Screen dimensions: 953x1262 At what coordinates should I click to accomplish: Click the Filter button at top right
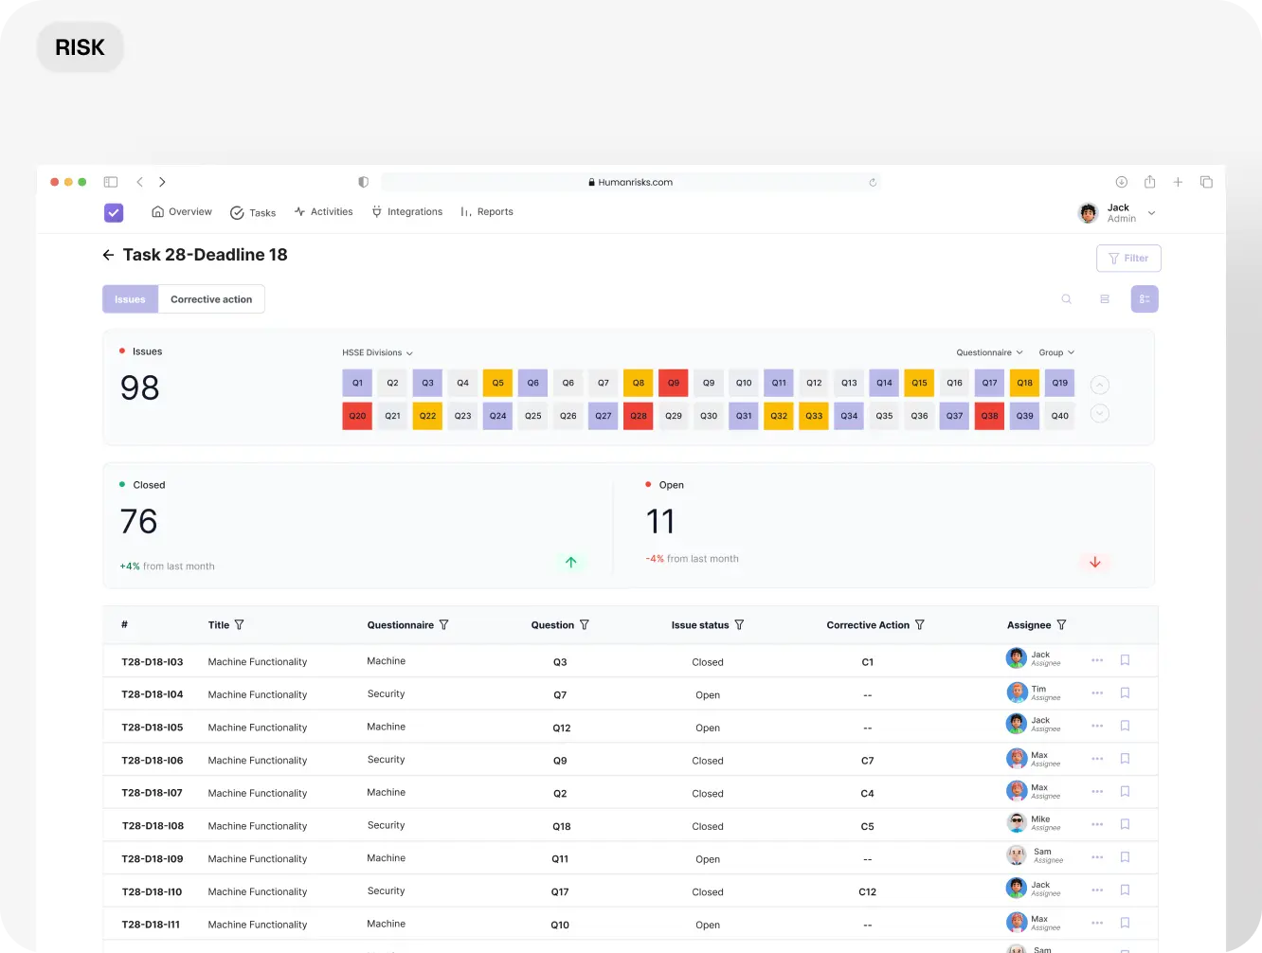1128,259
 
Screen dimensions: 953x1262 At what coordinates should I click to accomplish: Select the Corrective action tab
211,299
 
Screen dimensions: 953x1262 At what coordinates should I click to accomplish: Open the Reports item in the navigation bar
487,212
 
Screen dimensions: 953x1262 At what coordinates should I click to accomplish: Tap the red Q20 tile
357,416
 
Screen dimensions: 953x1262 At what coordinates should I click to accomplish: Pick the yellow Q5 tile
497,383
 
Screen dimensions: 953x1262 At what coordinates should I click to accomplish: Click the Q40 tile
1059,416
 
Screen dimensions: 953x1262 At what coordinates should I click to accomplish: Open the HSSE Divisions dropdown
377,352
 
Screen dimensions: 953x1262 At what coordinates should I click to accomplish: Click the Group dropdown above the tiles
1056,352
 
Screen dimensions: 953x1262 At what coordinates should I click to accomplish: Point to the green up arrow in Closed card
570,562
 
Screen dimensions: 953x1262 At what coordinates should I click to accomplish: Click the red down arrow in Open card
1095,562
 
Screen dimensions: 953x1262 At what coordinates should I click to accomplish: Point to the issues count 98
140,387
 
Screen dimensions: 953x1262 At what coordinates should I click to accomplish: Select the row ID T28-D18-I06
153,761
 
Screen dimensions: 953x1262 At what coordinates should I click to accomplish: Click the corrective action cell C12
867,892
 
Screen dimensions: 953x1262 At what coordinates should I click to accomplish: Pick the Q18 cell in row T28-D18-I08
561,826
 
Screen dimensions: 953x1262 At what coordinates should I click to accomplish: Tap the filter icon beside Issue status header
739,625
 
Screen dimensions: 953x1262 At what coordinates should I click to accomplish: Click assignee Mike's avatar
1017,823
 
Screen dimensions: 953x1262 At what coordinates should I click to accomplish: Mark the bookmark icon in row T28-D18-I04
1125,693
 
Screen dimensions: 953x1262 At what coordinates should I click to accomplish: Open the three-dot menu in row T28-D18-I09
1097,857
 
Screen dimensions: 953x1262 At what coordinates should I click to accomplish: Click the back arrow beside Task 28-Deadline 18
108,255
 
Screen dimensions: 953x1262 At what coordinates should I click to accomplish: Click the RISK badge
80,47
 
